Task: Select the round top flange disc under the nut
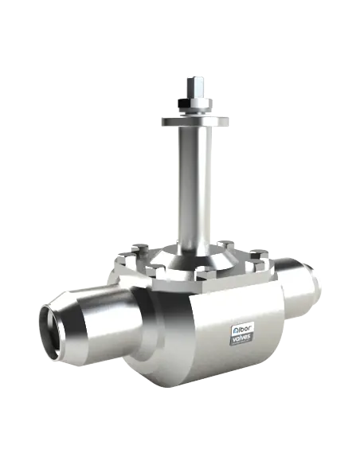tap(194, 120)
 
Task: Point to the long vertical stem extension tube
tap(194, 183)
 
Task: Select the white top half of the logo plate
tap(243, 327)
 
